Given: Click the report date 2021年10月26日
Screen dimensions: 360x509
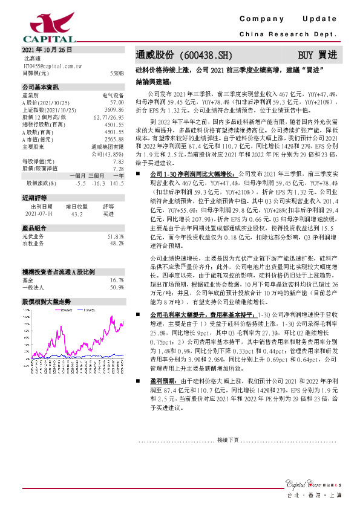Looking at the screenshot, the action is tap(47, 50).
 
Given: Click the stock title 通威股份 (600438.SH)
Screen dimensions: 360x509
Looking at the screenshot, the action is tap(175, 54).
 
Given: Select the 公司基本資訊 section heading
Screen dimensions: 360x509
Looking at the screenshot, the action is tap(39, 87).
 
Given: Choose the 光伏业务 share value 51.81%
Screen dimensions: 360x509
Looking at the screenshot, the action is tap(116, 236).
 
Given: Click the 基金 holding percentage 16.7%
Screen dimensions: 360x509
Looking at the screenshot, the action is tap(117, 280).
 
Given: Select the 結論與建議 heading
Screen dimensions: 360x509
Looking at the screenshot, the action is tap(153, 80).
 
